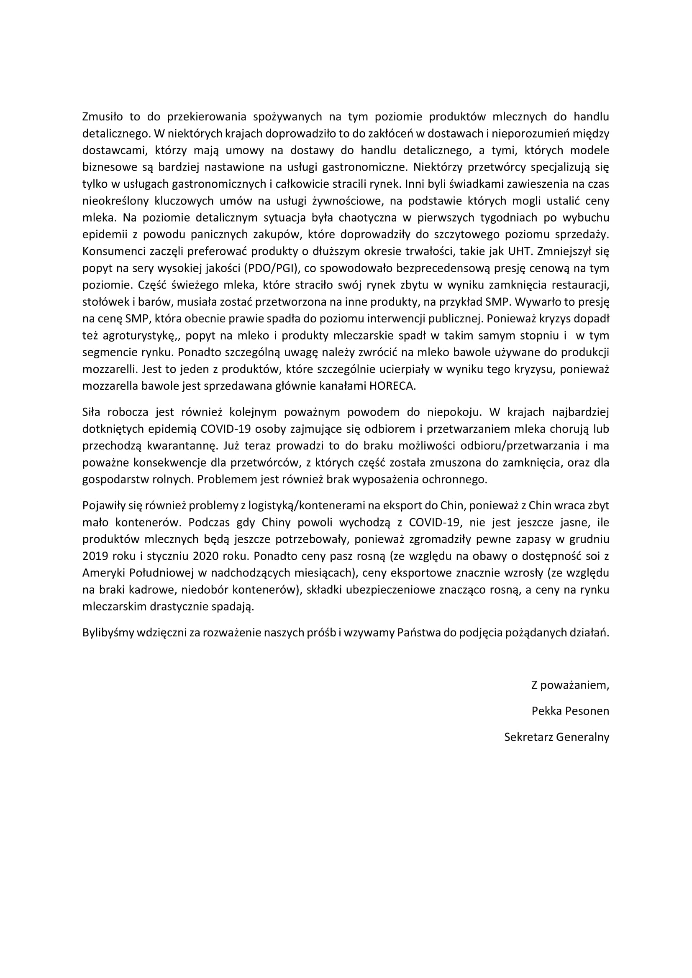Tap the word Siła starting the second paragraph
[x=92, y=412]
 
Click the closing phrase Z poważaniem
[x=570, y=685]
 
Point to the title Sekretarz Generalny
[x=556, y=736]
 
